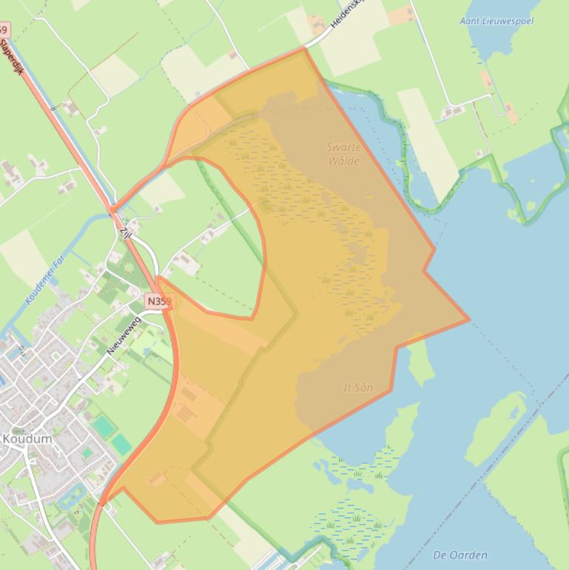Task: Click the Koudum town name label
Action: (27, 439)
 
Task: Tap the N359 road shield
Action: (158, 301)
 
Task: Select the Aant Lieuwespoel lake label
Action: (496, 21)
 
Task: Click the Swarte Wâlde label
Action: (343, 153)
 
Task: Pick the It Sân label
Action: (358, 387)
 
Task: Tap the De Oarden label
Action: (460, 555)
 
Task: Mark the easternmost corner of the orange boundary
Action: (468, 320)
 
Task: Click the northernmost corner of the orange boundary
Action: (304, 49)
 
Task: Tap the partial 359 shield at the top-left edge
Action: (4, 30)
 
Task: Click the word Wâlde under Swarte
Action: (343, 161)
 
